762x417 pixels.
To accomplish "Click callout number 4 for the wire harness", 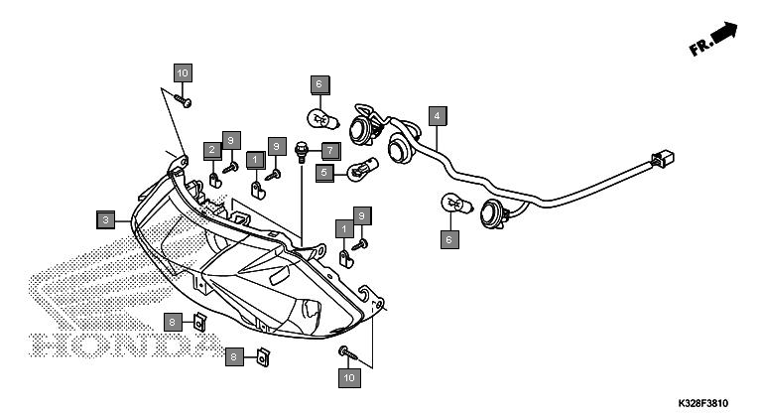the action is [438, 116].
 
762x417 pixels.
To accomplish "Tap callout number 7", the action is [330, 151].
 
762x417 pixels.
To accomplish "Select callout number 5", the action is [324, 173].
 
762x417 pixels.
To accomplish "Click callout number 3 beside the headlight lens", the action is [106, 220].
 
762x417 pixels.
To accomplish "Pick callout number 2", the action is [212, 150].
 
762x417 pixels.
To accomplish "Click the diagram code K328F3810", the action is [703, 403].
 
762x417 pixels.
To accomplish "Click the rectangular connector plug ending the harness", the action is [663, 159].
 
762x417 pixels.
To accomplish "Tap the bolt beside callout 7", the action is [302, 152].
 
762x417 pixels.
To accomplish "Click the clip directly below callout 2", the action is [215, 181].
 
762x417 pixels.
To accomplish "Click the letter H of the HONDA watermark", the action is [45, 345].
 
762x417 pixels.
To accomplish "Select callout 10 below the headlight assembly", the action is [349, 378].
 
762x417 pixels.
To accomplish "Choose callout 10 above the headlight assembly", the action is [183, 73].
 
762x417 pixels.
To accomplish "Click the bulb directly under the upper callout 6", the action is [322, 120].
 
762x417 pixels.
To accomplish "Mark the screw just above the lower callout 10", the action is [347, 352].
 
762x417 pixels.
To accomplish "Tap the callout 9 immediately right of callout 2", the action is [231, 141].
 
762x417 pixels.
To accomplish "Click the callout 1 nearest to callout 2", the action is [256, 160].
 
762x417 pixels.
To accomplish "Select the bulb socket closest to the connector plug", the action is [495, 213].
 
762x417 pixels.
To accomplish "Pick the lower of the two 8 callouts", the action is [234, 357].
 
